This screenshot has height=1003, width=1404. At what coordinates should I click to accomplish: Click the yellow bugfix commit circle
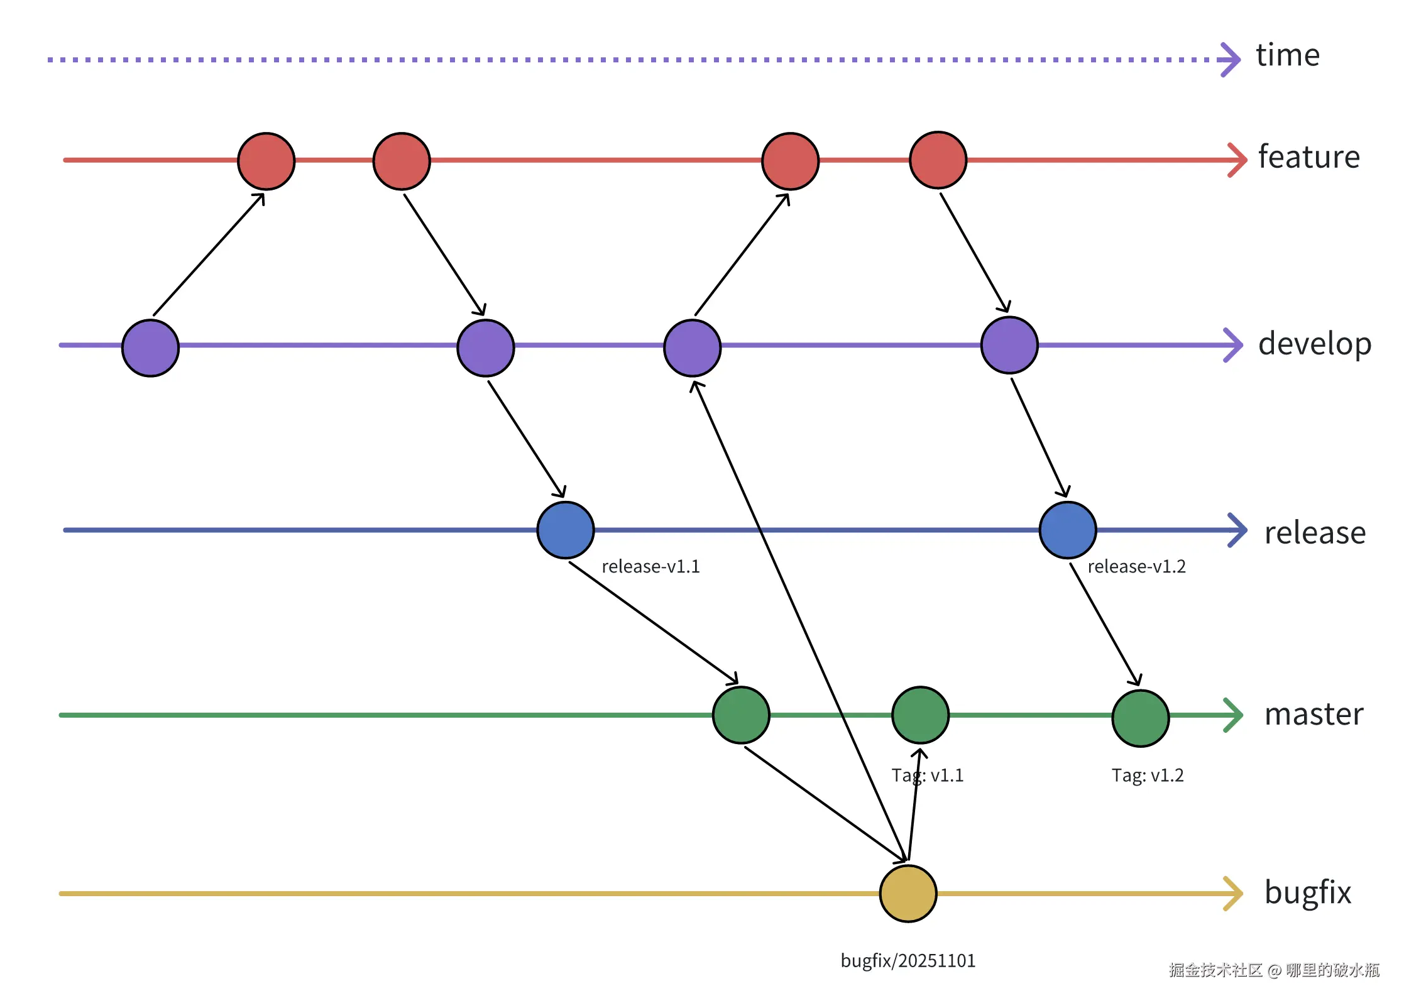[x=908, y=893]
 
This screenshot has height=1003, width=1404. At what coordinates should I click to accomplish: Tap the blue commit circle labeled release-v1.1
[x=565, y=530]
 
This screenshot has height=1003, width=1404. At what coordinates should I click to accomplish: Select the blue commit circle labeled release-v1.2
[x=1067, y=530]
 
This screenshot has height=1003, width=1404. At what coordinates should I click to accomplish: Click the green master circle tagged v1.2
[x=1140, y=718]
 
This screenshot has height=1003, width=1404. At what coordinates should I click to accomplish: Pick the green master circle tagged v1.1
[x=920, y=715]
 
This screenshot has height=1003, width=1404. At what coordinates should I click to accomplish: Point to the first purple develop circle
[x=150, y=348]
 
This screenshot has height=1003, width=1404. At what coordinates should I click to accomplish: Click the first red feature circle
[x=266, y=161]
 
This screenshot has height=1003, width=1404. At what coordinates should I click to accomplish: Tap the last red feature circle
[x=938, y=160]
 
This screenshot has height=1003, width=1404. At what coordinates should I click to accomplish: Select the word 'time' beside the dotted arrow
[x=1287, y=55]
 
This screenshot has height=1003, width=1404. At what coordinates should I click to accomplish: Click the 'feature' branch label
[x=1308, y=157]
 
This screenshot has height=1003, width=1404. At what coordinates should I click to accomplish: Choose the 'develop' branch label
[x=1314, y=344]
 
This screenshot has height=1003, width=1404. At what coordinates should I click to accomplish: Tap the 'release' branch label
[x=1315, y=533]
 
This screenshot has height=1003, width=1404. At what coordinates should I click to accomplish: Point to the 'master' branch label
[x=1314, y=715]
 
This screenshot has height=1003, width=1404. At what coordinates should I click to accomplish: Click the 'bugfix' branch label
[x=1307, y=892]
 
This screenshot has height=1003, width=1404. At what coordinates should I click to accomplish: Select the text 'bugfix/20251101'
[x=908, y=961]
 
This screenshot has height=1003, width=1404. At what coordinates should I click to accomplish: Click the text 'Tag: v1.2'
[x=1147, y=776]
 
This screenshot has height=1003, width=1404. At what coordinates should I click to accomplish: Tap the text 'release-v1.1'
[x=650, y=567]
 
